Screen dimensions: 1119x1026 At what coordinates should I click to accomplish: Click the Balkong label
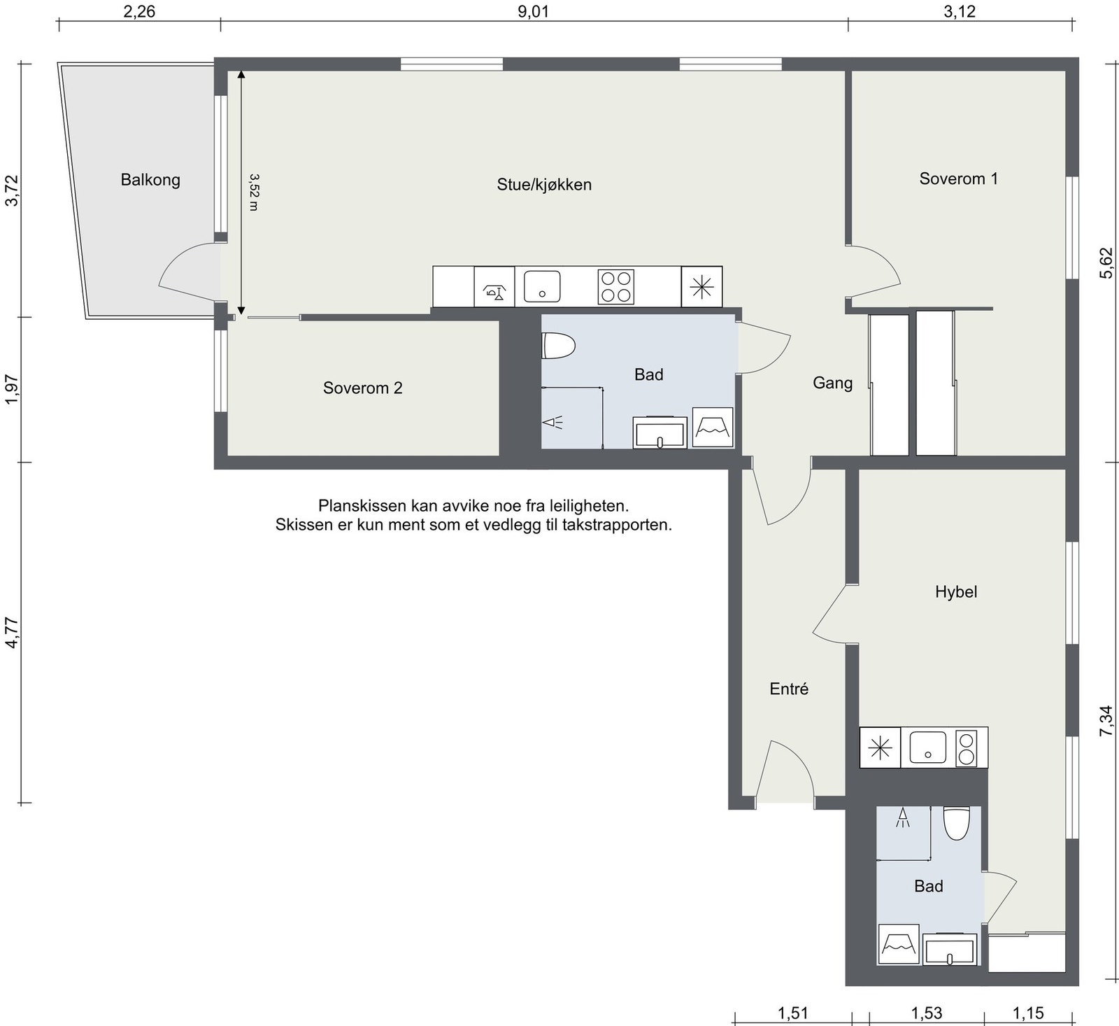150,181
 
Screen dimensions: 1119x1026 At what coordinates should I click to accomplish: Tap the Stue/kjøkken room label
544,185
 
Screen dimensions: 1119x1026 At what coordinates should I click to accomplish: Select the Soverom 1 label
958,178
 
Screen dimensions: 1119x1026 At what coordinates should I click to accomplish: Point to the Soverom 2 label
362,388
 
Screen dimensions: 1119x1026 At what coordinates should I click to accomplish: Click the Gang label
832,384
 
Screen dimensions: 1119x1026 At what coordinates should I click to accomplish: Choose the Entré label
789,689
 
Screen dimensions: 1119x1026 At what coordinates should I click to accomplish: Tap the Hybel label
956,592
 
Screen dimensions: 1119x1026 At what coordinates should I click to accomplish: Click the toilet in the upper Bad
558,346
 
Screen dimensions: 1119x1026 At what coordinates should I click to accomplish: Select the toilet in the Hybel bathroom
956,823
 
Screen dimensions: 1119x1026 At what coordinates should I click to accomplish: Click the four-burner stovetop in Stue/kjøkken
615,287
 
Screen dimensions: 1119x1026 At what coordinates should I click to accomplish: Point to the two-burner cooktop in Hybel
966,748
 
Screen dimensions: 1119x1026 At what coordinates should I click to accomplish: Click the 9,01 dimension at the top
534,12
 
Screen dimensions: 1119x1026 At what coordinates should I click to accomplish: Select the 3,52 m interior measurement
253,192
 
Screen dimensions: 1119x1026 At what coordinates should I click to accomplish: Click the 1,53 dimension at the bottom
926,1013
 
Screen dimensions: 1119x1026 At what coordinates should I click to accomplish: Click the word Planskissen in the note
362,506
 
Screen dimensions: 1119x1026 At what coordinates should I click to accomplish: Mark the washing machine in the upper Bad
713,428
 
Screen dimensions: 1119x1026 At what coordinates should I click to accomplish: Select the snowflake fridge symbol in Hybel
880,748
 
